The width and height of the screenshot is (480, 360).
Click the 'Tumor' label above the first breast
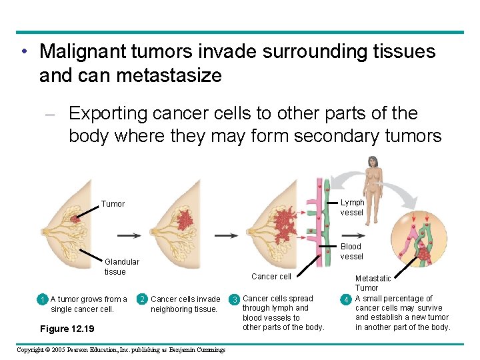(113, 204)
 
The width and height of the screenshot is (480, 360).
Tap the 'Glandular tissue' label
(121, 267)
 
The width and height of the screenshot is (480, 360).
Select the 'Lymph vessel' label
(352, 207)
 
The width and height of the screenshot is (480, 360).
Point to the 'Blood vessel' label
(351, 251)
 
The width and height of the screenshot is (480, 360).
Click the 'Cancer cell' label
(271, 277)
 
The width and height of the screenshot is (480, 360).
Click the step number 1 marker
(42, 299)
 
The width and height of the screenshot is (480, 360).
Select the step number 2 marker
(142, 299)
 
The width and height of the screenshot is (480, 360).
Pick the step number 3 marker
(234, 299)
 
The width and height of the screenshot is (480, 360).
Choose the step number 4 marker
(346, 299)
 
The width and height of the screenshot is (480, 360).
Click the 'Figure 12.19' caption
(67, 329)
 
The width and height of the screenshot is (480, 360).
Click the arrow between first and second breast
(129, 235)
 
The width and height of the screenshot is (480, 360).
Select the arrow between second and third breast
(227, 235)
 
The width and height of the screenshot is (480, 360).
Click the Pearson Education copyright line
(121, 350)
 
